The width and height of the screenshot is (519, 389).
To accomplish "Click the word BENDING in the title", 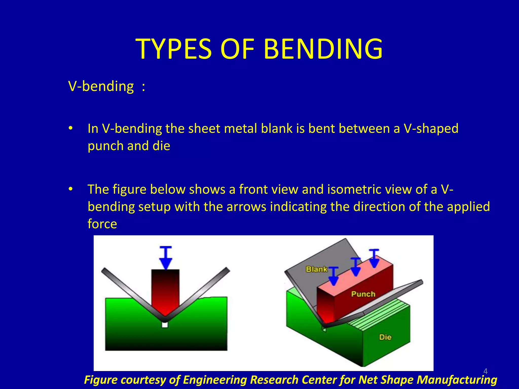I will point(323,49).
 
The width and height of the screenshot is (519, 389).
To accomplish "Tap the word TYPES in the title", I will point(174,49).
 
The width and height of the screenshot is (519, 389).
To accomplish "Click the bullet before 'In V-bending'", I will point(71,128).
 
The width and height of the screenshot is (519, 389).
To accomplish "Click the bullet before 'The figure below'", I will point(71,189).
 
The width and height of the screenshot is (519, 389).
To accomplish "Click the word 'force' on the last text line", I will point(102,224).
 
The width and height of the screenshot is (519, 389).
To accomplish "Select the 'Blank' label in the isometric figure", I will point(317,269).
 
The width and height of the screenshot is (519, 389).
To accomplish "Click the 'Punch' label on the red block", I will point(363,294).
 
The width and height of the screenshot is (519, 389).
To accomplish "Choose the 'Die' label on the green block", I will point(385,337).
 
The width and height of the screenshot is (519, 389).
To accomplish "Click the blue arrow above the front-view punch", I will point(166,258).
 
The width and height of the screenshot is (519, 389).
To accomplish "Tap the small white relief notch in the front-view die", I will point(165,324).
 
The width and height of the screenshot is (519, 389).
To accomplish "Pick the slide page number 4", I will point(485,371).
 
